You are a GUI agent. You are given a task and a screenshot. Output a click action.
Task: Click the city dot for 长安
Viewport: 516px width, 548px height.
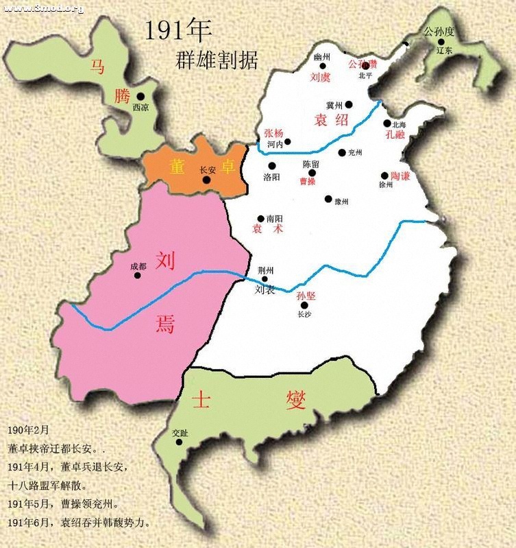click(x=206, y=180)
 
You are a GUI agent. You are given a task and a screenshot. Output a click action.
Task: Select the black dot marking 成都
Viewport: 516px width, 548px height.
click(x=138, y=276)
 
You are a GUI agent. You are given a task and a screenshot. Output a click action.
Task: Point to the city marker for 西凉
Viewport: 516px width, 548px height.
click(x=140, y=97)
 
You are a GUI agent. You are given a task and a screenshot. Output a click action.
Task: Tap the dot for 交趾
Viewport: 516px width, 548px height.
click(x=179, y=442)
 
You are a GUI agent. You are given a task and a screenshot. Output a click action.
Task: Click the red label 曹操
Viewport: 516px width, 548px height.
click(x=308, y=182)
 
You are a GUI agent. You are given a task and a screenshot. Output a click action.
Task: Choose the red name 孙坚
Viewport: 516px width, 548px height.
click(x=306, y=296)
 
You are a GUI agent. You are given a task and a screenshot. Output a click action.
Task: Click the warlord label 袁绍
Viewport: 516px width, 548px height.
click(x=332, y=120)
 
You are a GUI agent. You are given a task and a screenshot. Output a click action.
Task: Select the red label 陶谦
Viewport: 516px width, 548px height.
click(x=400, y=176)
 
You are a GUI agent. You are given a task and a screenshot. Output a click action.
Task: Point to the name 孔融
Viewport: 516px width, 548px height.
click(x=395, y=135)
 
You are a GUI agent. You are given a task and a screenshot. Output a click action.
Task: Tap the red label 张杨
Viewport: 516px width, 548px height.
click(x=273, y=133)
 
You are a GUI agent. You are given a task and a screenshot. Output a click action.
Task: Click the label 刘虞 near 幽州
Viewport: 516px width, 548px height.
click(x=321, y=78)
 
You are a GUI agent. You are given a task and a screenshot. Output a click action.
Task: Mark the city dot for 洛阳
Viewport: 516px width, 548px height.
click(x=272, y=165)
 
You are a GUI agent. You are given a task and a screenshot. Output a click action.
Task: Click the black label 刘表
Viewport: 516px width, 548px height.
click(x=265, y=290)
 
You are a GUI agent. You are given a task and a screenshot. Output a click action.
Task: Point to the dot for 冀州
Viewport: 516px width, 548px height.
click(x=349, y=105)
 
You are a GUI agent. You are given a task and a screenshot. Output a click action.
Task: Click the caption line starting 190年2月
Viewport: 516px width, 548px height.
click(x=29, y=431)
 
